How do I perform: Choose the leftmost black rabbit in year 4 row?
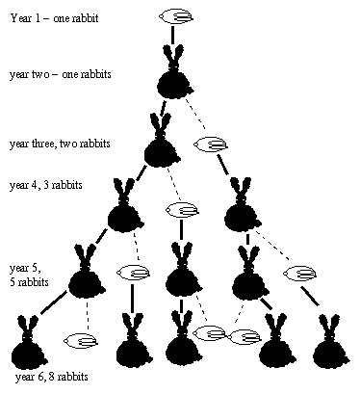123,213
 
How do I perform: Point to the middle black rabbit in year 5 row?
180,277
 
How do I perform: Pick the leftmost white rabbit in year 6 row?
78,339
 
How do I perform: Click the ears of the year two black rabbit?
175,59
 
